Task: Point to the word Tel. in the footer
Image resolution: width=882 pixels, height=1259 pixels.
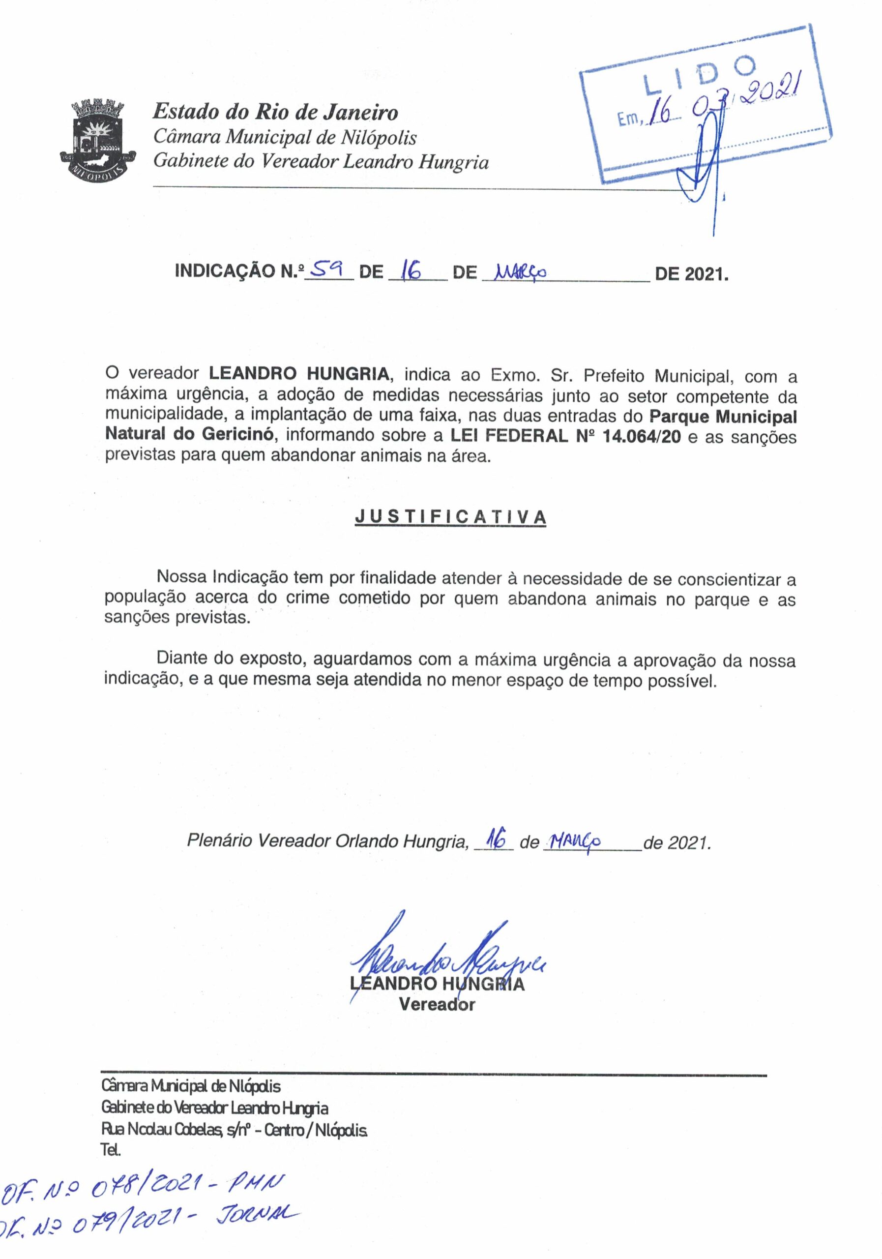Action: point(110,1150)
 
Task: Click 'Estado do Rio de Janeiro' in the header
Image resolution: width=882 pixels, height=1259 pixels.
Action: point(275,113)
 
